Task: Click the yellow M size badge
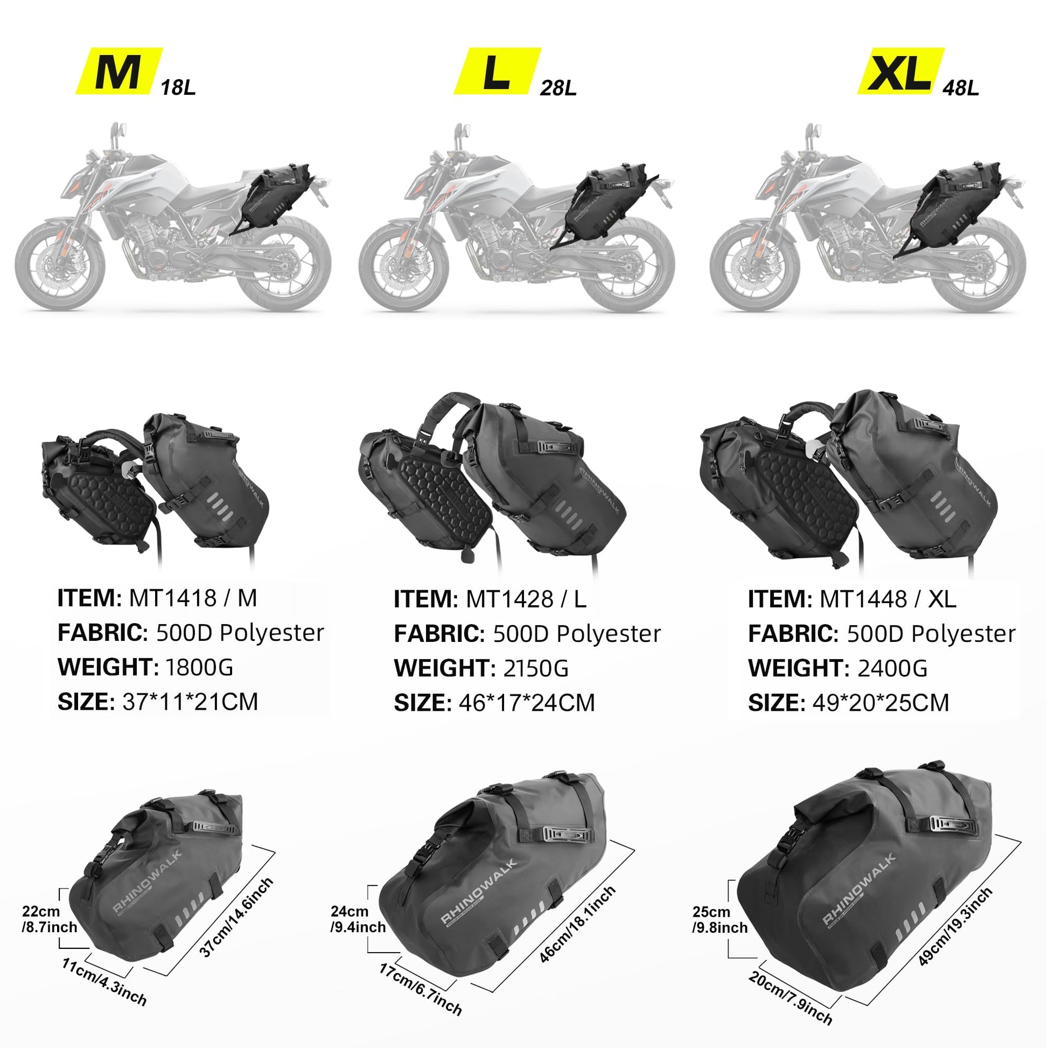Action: [x=119, y=71]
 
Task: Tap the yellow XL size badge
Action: [x=900, y=71]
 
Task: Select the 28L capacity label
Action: [x=558, y=88]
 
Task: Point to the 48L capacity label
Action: [x=961, y=88]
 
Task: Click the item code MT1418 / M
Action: [x=193, y=598]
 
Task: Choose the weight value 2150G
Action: [x=536, y=668]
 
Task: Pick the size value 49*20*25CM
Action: [x=881, y=703]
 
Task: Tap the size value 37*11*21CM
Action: [x=190, y=702]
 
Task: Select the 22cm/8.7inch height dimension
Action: [x=50, y=919]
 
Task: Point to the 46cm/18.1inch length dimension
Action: [x=578, y=924]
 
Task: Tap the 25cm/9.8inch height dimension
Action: [x=720, y=919]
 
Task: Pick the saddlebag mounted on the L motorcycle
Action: [x=607, y=206]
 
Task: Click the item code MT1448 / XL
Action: [x=888, y=599]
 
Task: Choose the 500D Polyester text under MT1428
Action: [x=577, y=633]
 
